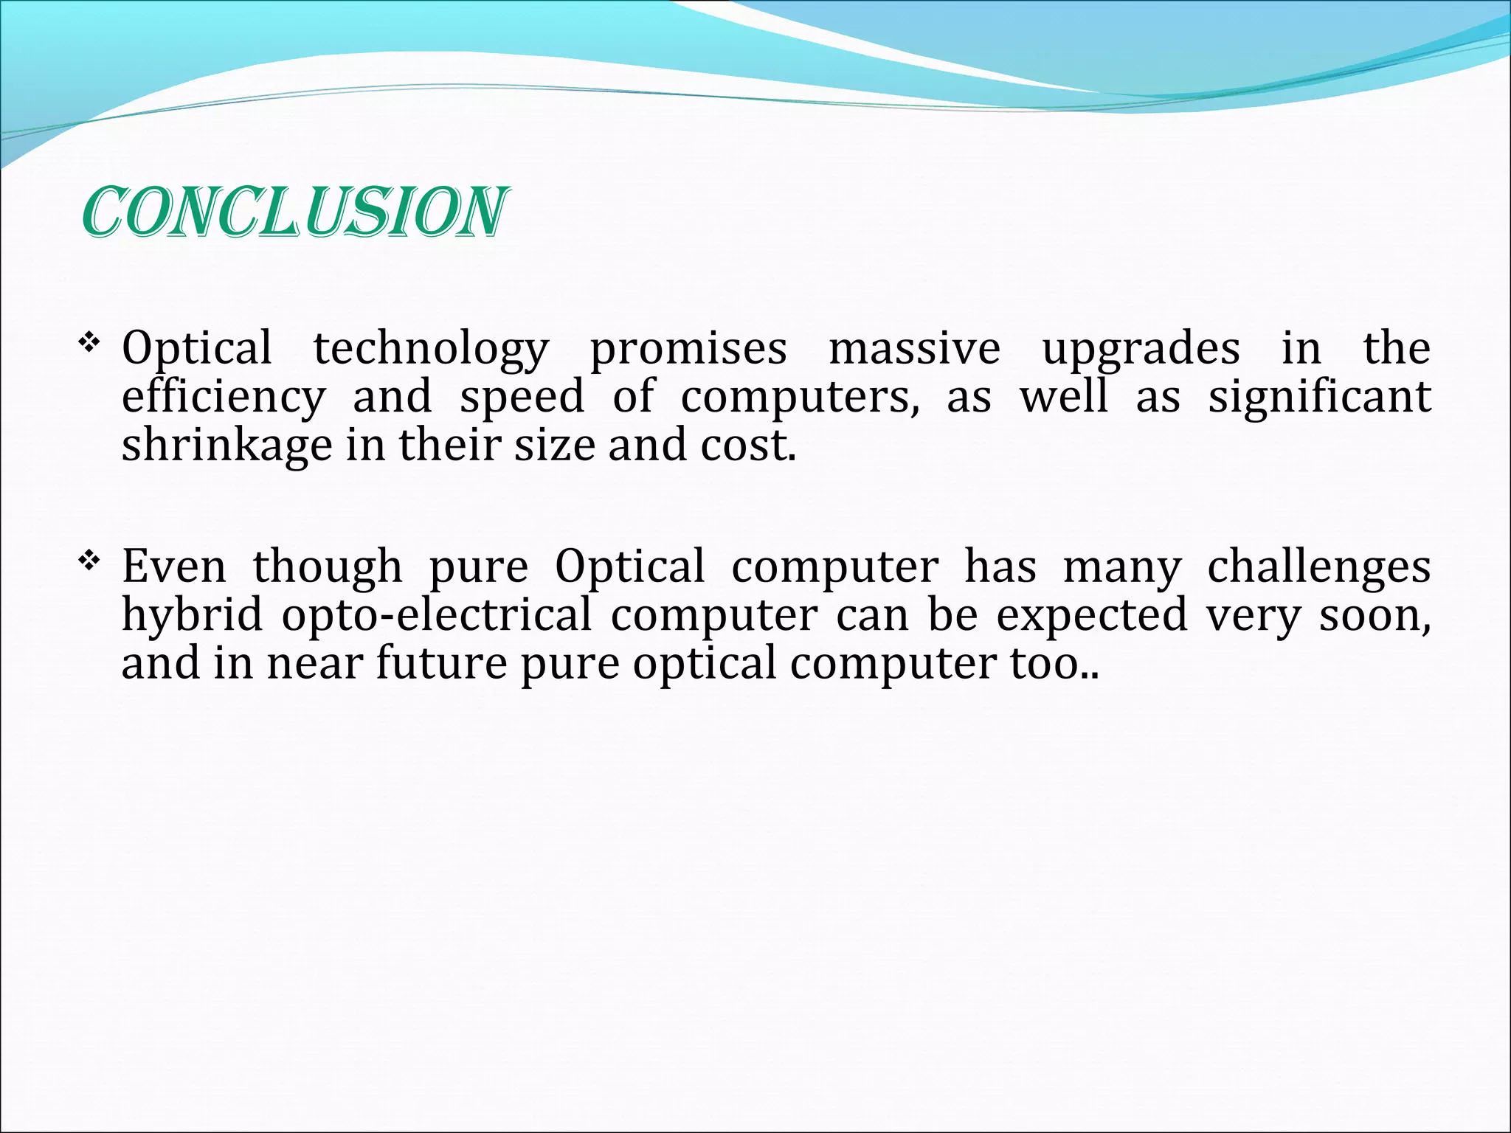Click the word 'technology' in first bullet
click(431, 350)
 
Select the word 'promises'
click(688, 350)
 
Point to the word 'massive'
click(914, 348)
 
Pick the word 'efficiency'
click(223, 397)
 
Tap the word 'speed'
click(522, 397)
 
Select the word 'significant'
click(1319, 397)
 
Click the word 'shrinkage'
click(227, 446)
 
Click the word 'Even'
click(174, 566)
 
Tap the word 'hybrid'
click(192, 615)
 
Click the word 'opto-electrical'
click(436, 615)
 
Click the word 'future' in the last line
click(441, 662)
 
